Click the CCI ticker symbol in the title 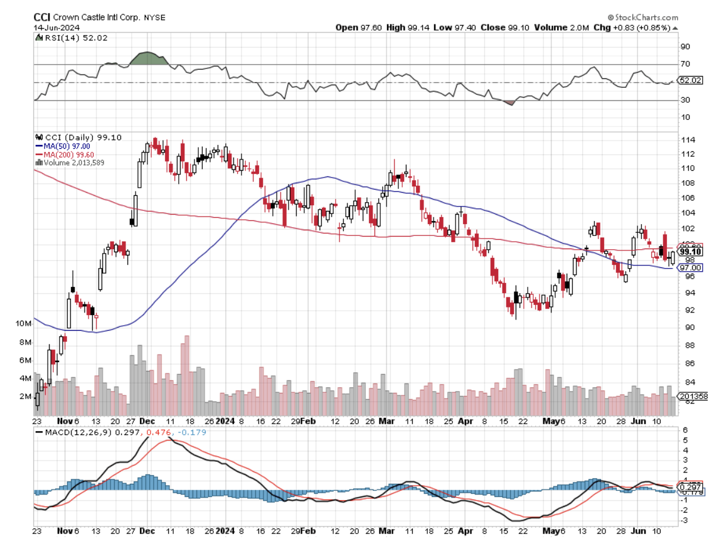[41, 18]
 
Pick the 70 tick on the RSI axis [685, 64]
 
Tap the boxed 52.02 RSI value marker [690, 81]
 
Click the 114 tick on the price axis [688, 139]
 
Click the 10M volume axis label [24, 323]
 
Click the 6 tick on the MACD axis [685, 430]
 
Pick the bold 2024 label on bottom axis [225, 531]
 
